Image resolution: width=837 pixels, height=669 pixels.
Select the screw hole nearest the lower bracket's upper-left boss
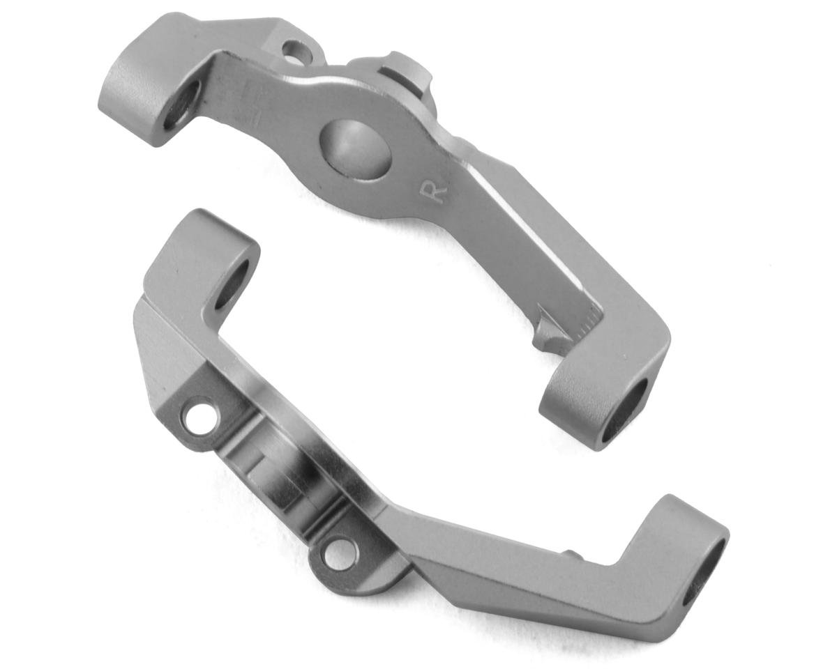coord(199,416)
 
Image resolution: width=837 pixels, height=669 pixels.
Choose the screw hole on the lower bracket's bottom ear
coord(340,555)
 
